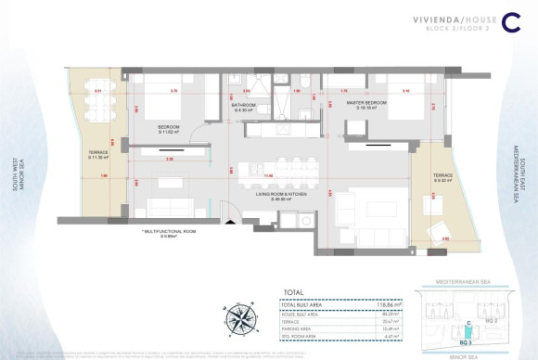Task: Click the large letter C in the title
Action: tap(509, 25)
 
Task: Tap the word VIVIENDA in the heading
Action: tap(413, 19)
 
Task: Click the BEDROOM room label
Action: tap(168, 125)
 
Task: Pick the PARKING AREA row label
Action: tap(299, 328)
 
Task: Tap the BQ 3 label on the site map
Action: tap(454, 343)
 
